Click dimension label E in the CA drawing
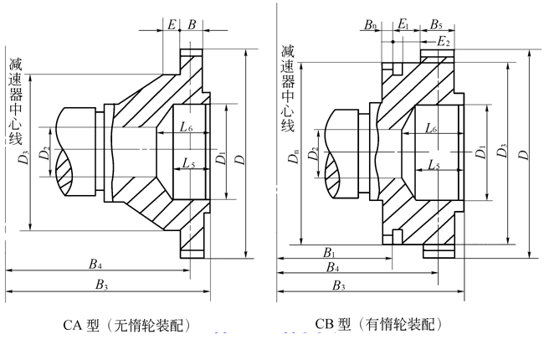[x=172, y=26]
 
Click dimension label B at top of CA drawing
[x=192, y=26]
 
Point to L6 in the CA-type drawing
[x=186, y=127]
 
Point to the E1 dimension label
[x=403, y=26]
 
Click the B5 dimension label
[x=436, y=26]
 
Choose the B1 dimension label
[x=330, y=252]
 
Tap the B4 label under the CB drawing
[x=331, y=267]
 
